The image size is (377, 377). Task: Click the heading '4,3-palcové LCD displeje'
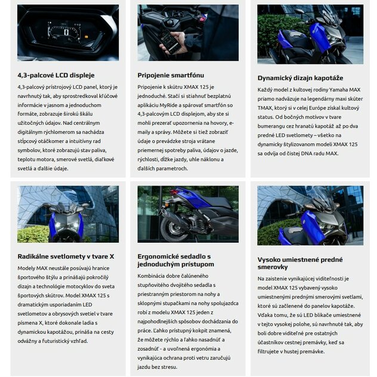point(56,75)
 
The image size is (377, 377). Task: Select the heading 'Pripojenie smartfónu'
point(170,75)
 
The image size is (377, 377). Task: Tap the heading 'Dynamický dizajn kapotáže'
point(300,78)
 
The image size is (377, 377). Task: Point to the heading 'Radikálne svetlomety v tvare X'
point(66,256)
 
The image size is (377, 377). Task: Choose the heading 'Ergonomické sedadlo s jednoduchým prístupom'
point(175,259)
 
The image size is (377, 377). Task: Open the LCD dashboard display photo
point(67,33)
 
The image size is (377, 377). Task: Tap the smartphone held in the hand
point(169,42)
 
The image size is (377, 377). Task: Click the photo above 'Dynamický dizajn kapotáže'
point(310,34)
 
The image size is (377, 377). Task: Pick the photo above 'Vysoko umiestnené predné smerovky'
point(310,215)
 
